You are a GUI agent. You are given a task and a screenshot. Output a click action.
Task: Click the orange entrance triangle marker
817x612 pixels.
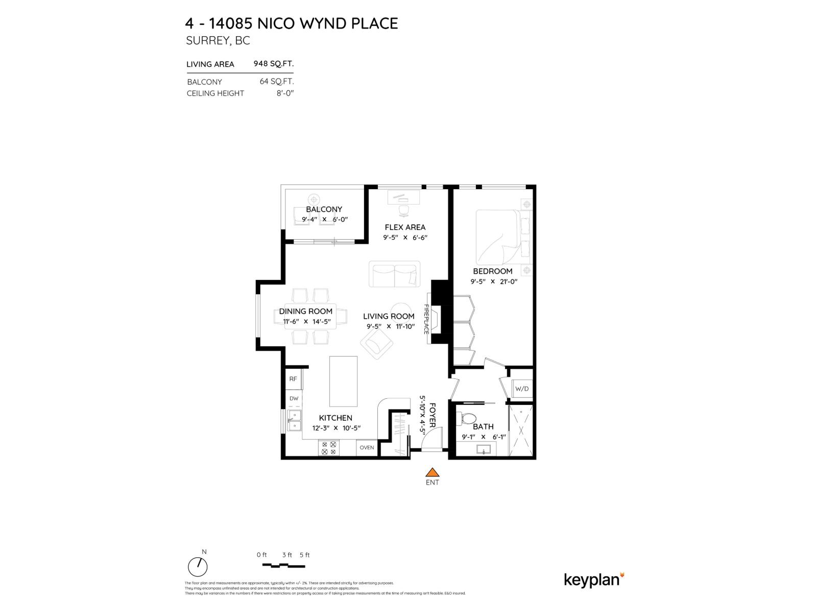pos(432,472)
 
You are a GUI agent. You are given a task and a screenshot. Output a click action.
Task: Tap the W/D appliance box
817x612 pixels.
pos(522,389)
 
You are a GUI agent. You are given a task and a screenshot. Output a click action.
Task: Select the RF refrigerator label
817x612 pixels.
pos(293,379)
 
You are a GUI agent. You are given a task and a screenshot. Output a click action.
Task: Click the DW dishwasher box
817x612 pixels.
pos(294,399)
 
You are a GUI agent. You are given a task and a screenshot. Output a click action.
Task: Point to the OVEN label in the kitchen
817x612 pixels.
pos(367,448)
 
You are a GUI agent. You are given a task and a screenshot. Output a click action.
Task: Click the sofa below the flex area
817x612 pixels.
pos(394,274)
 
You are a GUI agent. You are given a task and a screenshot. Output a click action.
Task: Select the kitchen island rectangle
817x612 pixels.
pos(343,381)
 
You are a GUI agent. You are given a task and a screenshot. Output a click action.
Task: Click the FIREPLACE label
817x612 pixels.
pos(426,319)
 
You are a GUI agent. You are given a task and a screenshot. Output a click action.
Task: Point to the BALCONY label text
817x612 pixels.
pos(324,209)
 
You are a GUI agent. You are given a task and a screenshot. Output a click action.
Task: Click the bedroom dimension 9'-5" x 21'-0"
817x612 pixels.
pos(494,282)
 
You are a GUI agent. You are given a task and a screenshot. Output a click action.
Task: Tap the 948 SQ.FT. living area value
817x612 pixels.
pos(274,64)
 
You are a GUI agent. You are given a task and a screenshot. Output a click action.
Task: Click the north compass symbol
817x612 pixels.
pos(198,567)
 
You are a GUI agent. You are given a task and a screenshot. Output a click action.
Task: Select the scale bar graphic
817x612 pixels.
pos(283,565)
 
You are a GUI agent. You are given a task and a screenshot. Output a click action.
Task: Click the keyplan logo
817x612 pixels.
pos(594,579)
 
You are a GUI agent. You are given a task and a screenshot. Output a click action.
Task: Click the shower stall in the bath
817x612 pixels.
pos(521,430)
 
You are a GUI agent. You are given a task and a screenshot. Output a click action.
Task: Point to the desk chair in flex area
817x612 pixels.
pos(403,210)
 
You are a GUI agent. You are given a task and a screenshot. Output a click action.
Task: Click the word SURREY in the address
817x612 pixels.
pos(208,41)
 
